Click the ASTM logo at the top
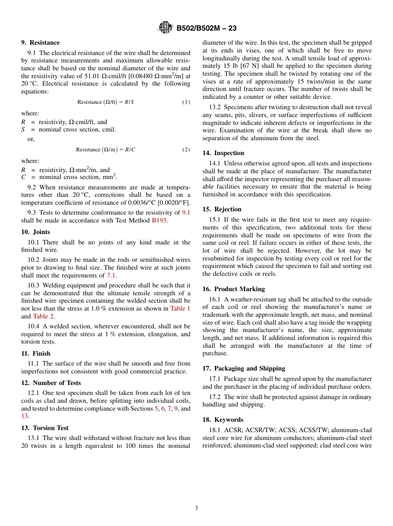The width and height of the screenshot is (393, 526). [165, 28]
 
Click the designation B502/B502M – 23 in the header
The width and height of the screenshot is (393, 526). [206, 29]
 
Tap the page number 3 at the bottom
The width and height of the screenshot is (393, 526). [196, 508]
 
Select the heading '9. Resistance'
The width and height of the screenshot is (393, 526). [41, 43]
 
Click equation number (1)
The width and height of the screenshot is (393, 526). [186, 102]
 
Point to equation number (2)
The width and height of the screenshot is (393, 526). [186, 150]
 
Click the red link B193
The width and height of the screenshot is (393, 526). [159, 220]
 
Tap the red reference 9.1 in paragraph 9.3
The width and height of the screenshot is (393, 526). [186, 213]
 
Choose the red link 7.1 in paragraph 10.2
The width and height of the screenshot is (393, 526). [111, 275]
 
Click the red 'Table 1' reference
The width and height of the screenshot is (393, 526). [180, 308]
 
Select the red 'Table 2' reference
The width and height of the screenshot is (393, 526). [43, 316]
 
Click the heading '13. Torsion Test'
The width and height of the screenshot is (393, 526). [45, 428]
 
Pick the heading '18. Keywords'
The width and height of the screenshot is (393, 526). [223, 420]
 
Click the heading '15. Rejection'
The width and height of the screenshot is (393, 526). [222, 209]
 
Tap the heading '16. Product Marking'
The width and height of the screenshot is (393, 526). [233, 289]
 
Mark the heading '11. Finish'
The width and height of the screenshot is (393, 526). [36, 354]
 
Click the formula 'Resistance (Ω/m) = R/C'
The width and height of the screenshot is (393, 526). [105, 150]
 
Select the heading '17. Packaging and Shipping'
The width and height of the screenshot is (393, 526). [244, 368]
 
